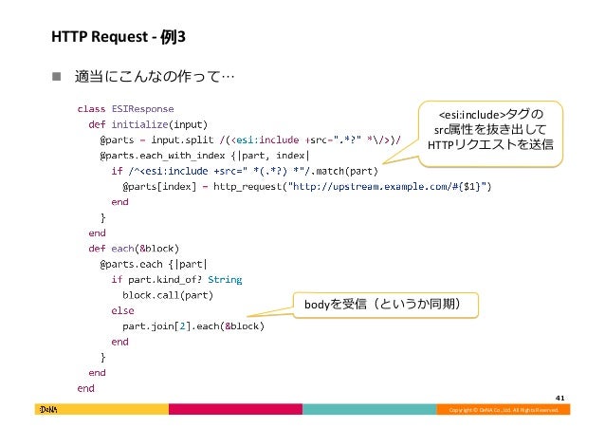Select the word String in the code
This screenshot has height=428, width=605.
(224, 279)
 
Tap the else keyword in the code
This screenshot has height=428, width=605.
(122, 310)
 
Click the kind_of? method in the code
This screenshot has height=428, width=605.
(172, 279)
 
